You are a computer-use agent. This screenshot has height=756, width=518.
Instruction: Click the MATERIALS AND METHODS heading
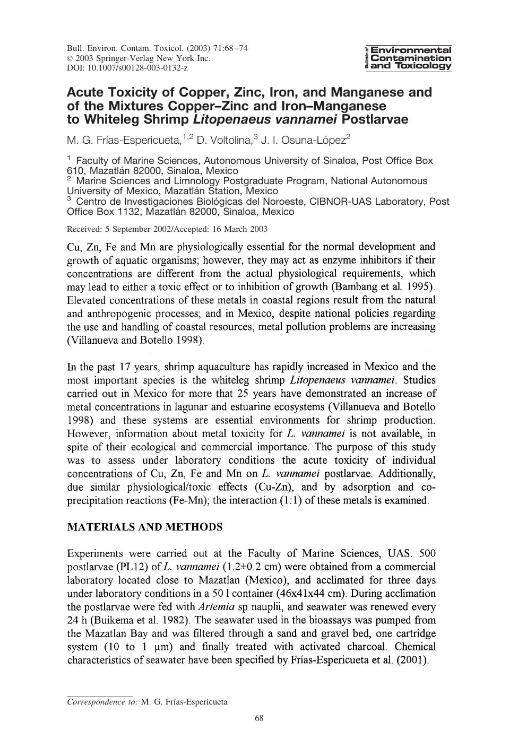point(144,527)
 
